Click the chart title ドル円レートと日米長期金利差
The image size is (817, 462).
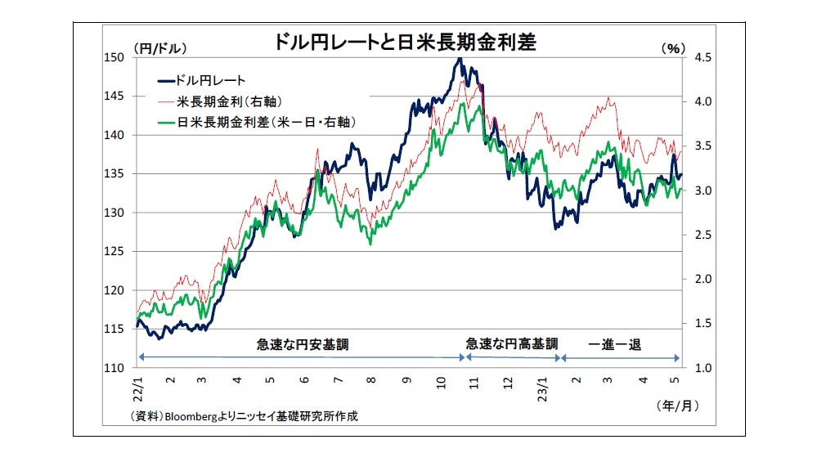coord(407,43)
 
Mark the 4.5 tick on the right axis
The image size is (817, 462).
coord(703,57)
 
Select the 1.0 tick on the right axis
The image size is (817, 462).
coord(703,368)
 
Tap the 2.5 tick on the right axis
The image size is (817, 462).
coord(703,235)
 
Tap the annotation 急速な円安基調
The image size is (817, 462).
coord(302,344)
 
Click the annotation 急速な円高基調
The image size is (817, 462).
coord(512,344)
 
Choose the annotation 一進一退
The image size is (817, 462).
coord(615,344)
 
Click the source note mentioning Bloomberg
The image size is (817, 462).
coord(244,416)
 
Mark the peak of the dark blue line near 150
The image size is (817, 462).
coord(460,59)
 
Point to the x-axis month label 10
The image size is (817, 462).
coord(441,380)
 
